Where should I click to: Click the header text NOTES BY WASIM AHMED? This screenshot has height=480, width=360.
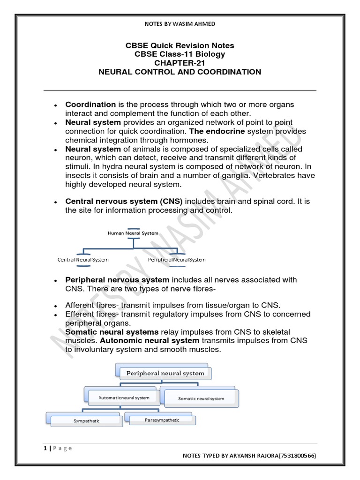point(180,24)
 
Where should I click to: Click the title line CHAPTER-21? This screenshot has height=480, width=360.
point(180,63)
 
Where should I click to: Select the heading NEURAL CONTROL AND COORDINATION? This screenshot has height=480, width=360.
point(180,72)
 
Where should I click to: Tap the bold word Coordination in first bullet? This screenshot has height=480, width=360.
point(90,105)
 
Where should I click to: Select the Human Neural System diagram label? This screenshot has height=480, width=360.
point(133,233)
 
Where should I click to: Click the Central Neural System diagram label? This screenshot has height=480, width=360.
point(83,259)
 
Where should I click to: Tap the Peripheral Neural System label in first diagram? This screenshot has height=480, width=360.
point(177,259)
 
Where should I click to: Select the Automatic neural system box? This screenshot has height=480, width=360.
point(124,397)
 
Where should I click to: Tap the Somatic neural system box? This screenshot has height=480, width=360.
point(201,398)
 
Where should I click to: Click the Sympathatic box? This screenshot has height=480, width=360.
point(86,421)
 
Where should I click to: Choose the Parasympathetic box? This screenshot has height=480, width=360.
point(161,420)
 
